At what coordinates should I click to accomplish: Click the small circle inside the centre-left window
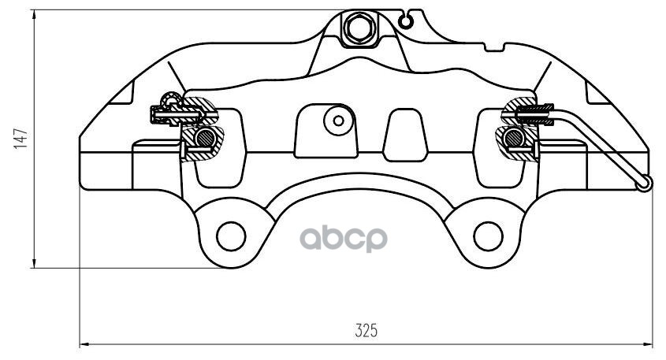tap(339, 121)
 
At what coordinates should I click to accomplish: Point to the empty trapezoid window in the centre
tap(403, 133)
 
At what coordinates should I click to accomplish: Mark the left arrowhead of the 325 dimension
tap(86, 344)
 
